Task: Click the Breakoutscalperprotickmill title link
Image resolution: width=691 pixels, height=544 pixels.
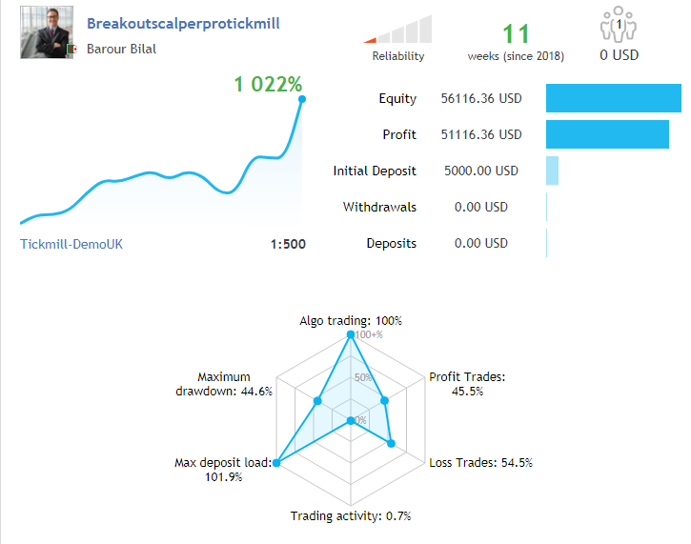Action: click(183, 24)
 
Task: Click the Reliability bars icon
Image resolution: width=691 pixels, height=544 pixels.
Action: click(399, 30)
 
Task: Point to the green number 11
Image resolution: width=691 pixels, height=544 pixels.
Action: click(515, 34)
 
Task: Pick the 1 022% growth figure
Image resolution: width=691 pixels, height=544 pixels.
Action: click(268, 84)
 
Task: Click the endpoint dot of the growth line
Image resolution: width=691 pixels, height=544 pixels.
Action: click(301, 98)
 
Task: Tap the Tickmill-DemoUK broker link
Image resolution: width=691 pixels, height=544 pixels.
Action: click(71, 244)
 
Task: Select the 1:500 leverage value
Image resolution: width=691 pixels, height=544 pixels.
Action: click(288, 244)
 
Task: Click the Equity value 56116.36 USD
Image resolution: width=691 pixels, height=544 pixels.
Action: click(481, 98)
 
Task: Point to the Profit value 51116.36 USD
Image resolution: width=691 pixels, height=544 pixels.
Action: click(481, 134)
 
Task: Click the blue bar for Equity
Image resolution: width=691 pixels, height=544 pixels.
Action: click(613, 98)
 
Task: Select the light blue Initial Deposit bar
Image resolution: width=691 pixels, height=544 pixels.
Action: click(552, 171)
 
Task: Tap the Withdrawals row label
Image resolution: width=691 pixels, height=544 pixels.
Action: click(379, 207)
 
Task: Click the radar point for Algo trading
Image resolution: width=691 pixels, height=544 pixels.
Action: click(351, 335)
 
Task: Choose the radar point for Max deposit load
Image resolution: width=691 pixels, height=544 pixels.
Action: click(276, 463)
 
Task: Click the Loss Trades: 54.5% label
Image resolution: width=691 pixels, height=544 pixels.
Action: click(480, 463)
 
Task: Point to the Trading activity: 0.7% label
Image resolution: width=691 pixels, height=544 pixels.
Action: click(350, 516)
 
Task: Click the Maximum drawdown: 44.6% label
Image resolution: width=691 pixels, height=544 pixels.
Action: click(224, 384)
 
